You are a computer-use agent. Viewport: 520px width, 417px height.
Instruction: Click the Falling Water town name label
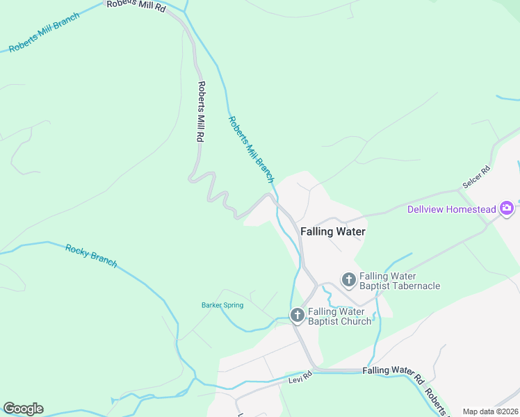pos(332,231)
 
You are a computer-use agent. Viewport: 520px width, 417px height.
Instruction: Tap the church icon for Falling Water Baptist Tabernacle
pos(348,280)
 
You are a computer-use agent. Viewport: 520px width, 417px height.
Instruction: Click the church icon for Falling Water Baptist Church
pos(297,316)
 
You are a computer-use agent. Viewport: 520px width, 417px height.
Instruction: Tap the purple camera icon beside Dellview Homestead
pos(507,208)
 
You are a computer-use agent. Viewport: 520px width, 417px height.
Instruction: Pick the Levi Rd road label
pos(302,377)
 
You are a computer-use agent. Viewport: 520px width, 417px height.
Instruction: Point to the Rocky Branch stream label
pos(91,255)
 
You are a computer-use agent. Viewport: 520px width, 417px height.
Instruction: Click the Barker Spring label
pos(222,305)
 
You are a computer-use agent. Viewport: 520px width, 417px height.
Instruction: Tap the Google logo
pos(23,409)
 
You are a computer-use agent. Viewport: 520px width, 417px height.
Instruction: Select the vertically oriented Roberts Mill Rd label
pos(200,112)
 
